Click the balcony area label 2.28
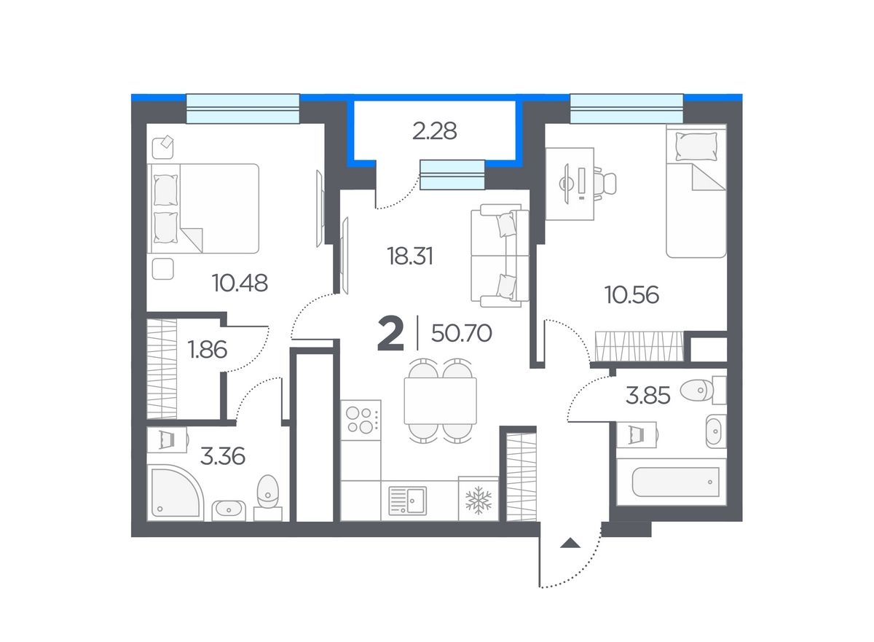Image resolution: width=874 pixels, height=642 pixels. pos(434,131)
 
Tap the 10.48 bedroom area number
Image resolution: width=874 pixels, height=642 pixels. pos(240,283)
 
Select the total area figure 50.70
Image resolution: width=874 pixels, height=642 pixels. pos(462,333)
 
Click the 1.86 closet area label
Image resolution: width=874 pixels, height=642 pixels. pos(207,349)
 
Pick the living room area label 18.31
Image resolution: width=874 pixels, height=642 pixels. pos(410,257)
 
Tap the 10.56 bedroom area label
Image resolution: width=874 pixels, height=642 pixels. pos(631,294)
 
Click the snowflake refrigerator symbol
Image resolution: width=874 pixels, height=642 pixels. pos(479,500)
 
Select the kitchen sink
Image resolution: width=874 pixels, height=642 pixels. pos(407,501)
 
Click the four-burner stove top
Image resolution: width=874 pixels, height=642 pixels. pos(361,420)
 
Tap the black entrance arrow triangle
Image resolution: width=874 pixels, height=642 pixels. pos(570,542)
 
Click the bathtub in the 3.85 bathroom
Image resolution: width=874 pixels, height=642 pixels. pos(675,482)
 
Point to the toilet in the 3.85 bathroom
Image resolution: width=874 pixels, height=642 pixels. pos(702,390)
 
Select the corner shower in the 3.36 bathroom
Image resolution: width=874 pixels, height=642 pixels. pos(175,493)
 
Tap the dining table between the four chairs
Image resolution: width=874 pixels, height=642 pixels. pos(440,401)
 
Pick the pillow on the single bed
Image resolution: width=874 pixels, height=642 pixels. pos(696,146)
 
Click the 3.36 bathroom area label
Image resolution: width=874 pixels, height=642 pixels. pos(222,456)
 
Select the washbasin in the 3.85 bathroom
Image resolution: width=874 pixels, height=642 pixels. pos(715,431)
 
